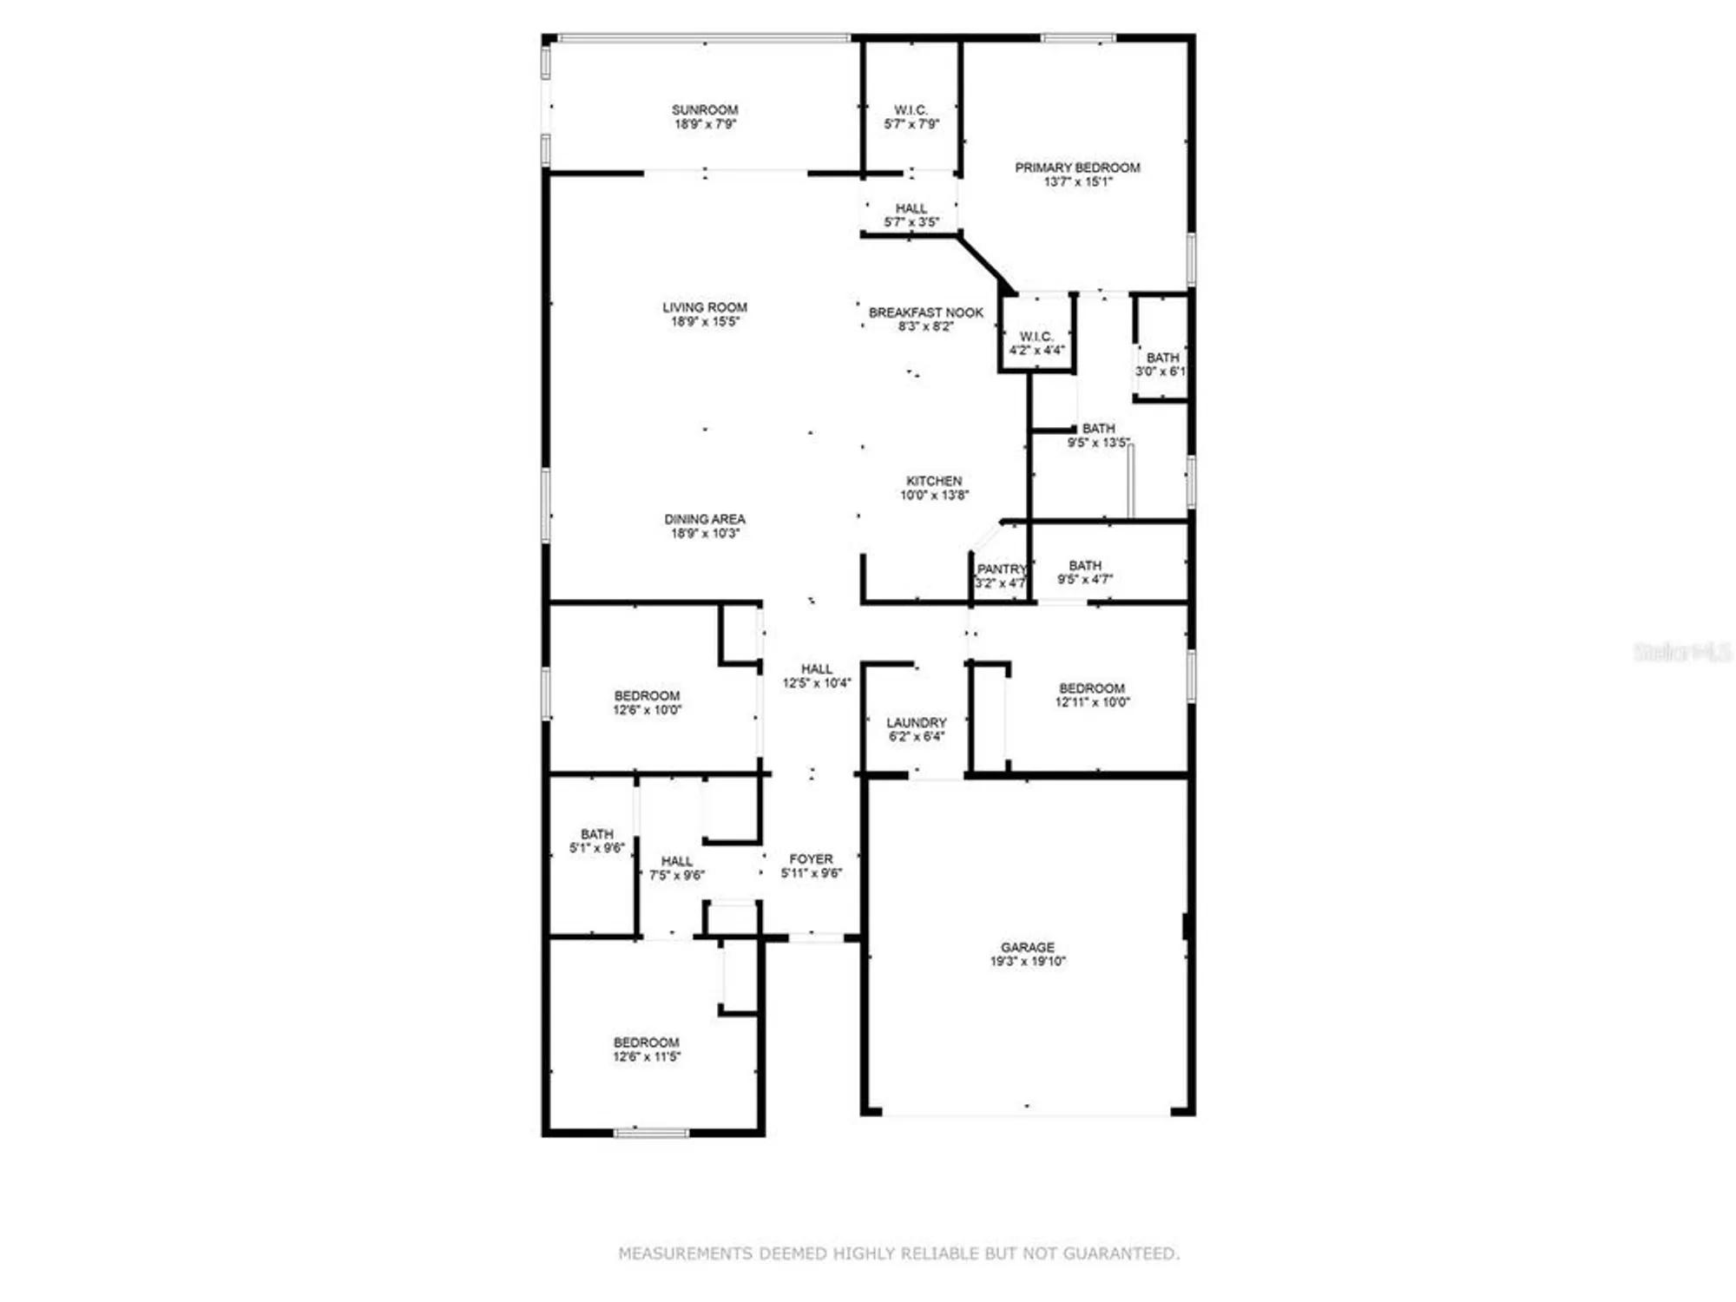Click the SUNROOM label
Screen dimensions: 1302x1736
coord(704,110)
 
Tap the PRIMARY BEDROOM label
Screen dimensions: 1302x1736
coord(1077,168)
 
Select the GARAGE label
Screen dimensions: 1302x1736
coord(1027,947)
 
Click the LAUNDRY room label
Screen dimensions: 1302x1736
coord(916,722)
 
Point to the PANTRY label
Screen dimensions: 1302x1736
coord(1001,569)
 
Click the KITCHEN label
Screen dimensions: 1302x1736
coord(933,481)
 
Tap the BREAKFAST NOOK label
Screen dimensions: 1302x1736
coord(925,312)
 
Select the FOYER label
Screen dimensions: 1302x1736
coord(811,858)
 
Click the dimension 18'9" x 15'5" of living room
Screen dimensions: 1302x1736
coord(704,322)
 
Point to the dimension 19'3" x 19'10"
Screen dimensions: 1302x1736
coord(1027,962)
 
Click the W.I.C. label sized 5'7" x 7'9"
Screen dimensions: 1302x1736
coord(911,110)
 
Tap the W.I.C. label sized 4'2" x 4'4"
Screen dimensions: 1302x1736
coord(1036,336)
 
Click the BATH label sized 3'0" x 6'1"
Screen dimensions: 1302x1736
coord(1162,358)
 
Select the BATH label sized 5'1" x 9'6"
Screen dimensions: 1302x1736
coord(596,833)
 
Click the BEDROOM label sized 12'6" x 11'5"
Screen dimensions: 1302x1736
coord(646,1042)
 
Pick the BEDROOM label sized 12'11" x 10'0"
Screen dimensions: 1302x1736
coord(1091,688)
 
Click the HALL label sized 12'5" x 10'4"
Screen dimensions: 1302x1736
coord(816,669)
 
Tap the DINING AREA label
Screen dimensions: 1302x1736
coord(704,519)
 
